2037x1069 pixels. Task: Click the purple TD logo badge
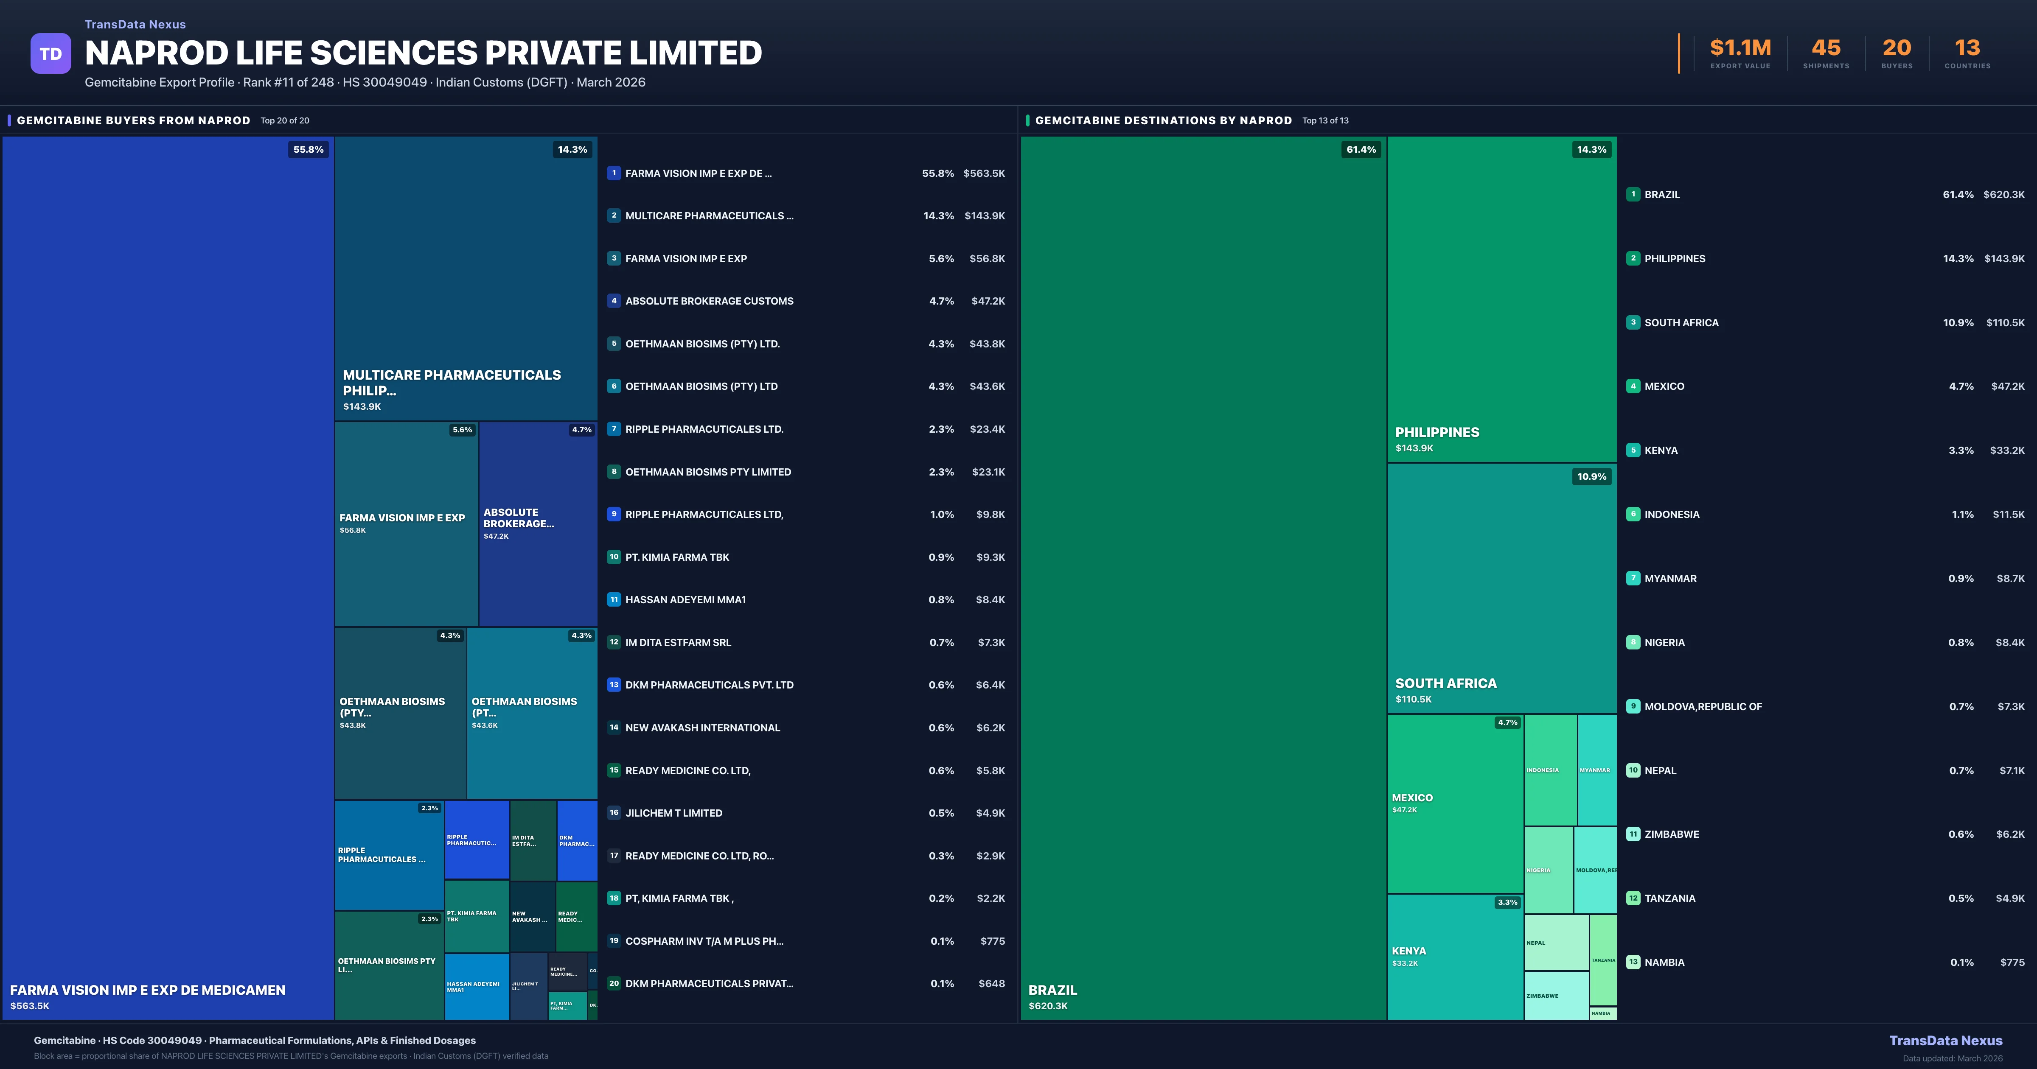click(x=51, y=54)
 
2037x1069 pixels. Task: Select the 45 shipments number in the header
click(x=1826, y=48)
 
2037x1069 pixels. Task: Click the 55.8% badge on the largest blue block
click(x=309, y=149)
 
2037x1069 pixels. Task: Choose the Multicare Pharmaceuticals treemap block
click(x=466, y=277)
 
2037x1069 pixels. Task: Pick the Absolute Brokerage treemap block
click(x=538, y=523)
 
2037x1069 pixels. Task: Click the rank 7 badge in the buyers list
click(x=614, y=428)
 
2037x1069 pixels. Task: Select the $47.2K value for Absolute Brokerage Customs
click(x=988, y=301)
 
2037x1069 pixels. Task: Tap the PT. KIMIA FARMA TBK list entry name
click(x=677, y=557)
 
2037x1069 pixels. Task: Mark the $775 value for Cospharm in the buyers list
click(x=993, y=941)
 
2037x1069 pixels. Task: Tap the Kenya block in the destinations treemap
click(x=1455, y=957)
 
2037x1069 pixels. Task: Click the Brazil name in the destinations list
click(x=1662, y=195)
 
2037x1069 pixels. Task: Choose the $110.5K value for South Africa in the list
click(x=2005, y=322)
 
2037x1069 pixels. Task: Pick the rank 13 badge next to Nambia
click(x=1633, y=962)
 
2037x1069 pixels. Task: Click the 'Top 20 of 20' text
click(x=285, y=121)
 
